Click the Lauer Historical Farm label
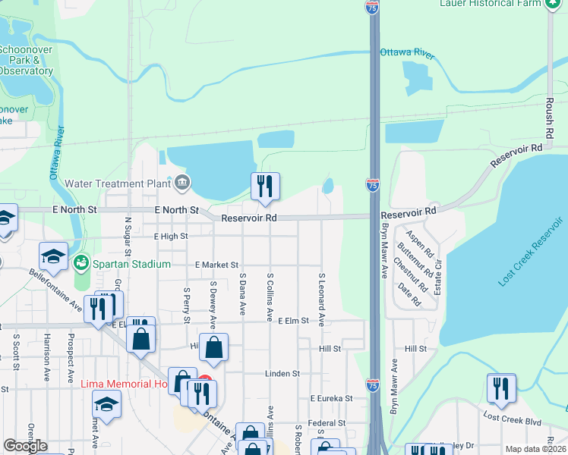pyautogui.click(x=491, y=4)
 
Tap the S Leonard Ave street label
pyautogui.click(x=321, y=300)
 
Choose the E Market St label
pyautogui.click(x=216, y=265)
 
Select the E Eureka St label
pyautogui.click(x=331, y=397)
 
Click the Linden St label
pyautogui.click(x=282, y=374)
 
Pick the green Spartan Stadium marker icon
pyautogui.click(x=81, y=263)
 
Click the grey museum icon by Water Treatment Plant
pyautogui.click(x=182, y=183)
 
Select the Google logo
pyautogui.click(x=25, y=446)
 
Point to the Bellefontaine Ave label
pyautogui.click(x=55, y=290)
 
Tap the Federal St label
pyautogui.click(x=327, y=423)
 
